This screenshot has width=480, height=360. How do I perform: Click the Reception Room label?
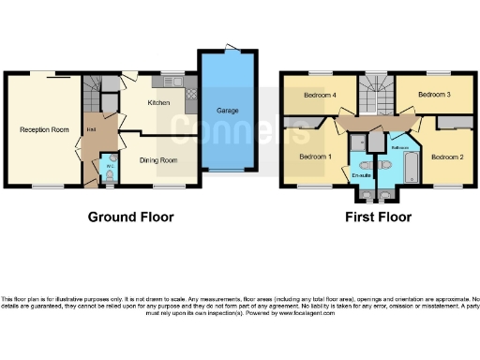44,129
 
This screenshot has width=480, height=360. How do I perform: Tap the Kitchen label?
157,102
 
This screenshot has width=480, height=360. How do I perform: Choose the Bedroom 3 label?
434,95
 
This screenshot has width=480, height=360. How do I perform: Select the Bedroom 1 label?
314,156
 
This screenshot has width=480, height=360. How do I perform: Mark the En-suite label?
363,175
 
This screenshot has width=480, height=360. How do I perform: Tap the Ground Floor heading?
130,217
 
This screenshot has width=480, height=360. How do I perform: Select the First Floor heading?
377,217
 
